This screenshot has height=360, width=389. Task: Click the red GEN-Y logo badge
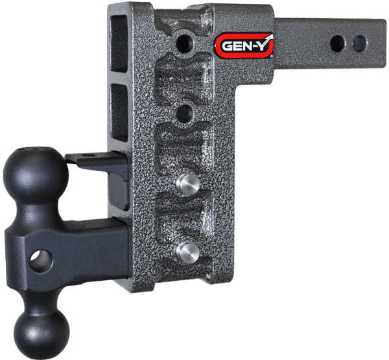244,45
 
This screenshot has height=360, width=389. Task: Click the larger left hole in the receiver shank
337,43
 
